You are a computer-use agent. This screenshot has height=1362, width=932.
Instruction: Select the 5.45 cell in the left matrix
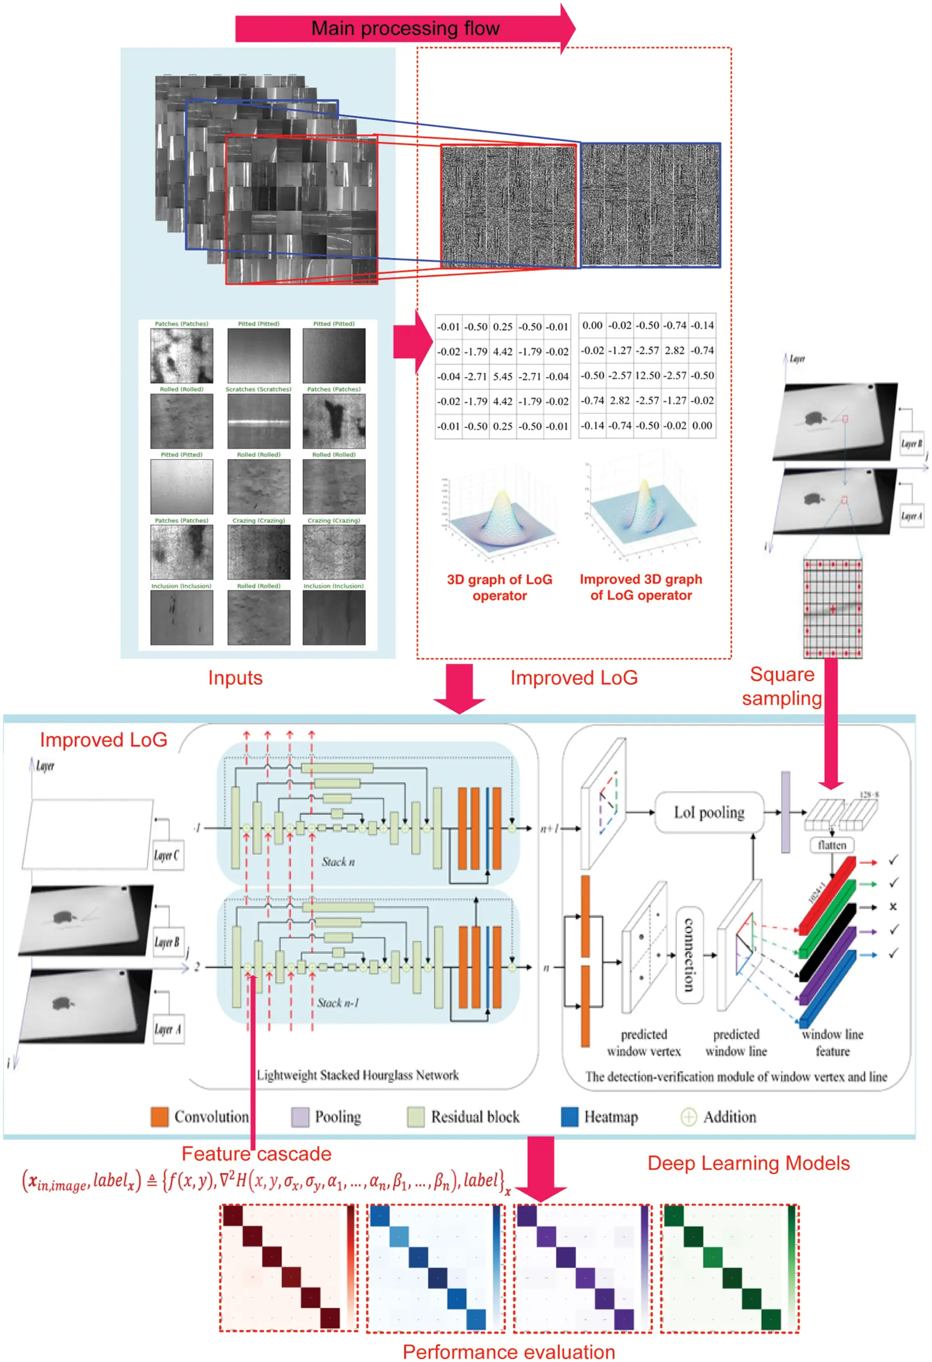tap(502, 376)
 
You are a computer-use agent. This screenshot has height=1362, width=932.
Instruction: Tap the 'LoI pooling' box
tap(709, 812)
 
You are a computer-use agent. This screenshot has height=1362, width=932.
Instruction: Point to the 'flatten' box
tap(832, 845)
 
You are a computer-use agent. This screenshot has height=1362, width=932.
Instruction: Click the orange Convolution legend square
tap(160, 1116)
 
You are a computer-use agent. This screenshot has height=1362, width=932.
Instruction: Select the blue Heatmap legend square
tap(569, 1116)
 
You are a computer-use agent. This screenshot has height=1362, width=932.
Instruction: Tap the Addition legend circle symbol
tap(688, 1116)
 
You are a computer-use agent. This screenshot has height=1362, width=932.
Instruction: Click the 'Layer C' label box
tap(167, 855)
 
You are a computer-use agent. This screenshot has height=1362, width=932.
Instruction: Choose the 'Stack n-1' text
tap(338, 1003)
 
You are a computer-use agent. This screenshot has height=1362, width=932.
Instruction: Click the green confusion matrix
tap(729, 1268)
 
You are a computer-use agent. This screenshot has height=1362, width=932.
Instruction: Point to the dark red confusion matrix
tap(288, 1268)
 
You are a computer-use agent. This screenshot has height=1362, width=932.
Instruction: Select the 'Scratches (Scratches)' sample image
tap(259, 421)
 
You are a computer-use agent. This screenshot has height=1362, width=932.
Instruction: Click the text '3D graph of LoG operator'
tap(499, 587)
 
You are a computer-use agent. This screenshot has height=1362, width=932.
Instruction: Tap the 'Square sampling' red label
tap(781, 687)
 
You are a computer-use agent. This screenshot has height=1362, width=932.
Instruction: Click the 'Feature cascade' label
tap(256, 1154)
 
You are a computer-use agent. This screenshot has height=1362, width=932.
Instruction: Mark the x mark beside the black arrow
tap(893, 907)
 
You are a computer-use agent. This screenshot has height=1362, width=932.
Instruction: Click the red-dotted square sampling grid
tap(832, 609)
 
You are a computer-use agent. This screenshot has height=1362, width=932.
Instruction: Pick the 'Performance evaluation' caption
tap(509, 1352)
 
